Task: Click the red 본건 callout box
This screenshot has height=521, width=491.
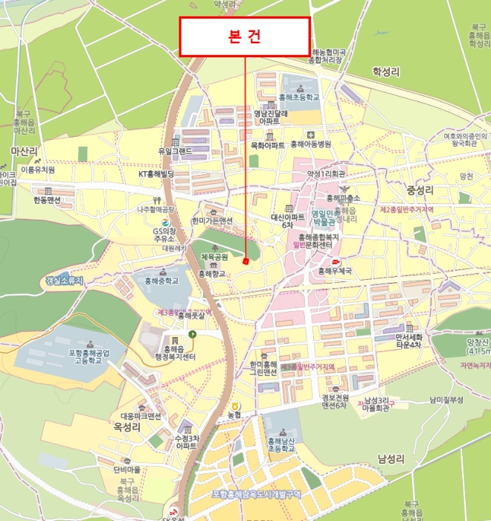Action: tap(244, 36)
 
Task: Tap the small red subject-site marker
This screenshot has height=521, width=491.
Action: tap(245, 261)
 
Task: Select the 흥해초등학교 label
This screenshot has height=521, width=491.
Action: tap(298, 98)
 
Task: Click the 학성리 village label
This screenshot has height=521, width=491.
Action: tap(385, 72)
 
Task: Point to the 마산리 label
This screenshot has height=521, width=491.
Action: tap(24, 151)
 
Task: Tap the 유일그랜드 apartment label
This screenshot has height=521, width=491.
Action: tap(175, 151)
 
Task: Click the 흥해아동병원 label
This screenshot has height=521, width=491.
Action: tap(311, 144)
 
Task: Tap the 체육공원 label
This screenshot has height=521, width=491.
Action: tap(214, 257)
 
